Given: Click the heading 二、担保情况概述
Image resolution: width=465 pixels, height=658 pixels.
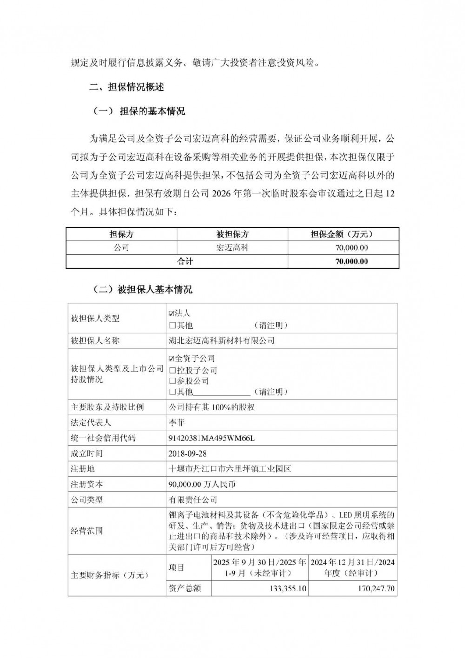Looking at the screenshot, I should (x=126, y=87).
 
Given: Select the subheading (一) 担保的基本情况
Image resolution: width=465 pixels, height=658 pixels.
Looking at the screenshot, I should (x=139, y=111).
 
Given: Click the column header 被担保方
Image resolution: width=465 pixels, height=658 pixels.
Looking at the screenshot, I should (x=232, y=235).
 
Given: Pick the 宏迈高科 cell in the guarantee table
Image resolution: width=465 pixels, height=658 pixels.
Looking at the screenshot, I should (x=232, y=248).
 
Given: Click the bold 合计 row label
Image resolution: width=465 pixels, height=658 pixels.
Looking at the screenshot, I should (x=185, y=262).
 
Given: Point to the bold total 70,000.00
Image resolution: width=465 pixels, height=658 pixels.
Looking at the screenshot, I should (x=351, y=262).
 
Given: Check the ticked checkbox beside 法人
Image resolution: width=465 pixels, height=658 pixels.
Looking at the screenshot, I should (x=172, y=314).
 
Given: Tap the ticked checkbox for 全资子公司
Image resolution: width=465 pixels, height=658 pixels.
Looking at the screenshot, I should (x=172, y=359).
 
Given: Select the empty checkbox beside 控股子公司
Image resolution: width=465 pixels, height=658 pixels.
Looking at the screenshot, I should (x=172, y=370).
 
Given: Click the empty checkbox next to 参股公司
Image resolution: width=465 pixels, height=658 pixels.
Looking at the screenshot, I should (x=172, y=381).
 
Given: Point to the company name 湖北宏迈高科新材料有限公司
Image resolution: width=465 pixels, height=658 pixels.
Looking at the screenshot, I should (x=222, y=341).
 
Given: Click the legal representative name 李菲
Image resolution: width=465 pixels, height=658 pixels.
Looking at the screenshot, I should (x=177, y=423).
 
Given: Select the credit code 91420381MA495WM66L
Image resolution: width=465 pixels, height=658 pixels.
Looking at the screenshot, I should (x=212, y=438).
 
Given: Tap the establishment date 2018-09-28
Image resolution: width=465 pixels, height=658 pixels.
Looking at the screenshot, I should (x=187, y=453).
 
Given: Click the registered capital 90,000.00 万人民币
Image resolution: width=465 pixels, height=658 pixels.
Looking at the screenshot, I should (x=202, y=484).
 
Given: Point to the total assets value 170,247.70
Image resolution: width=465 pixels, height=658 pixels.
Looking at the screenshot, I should (x=376, y=589).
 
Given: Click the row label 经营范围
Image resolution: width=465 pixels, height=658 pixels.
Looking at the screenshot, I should (x=86, y=531).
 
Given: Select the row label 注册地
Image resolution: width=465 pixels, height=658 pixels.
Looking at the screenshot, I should (x=82, y=469).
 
